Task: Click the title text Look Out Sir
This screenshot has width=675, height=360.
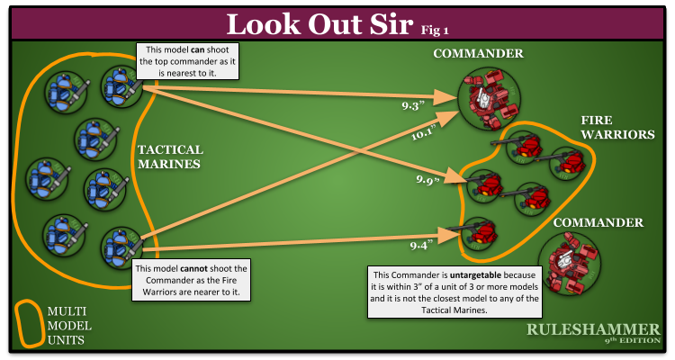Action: (319, 23)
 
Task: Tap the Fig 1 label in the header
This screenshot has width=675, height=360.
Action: (435, 30)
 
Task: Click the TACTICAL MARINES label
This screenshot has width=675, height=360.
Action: (170, 157)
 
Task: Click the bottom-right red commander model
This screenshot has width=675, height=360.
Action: (570, 260)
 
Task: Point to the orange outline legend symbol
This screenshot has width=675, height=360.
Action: (30, 320)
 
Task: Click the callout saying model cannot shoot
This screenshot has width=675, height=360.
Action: (190, 281)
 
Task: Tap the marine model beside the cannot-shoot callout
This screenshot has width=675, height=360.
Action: (120, 246)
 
